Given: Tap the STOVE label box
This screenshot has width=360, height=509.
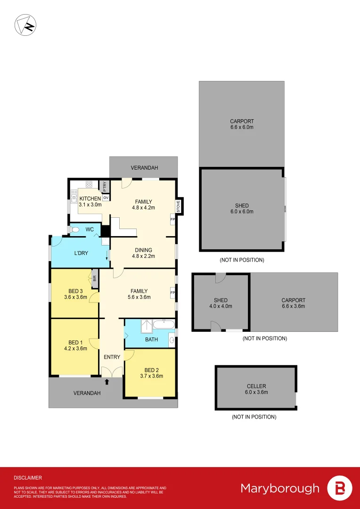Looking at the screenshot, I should pos(179,205).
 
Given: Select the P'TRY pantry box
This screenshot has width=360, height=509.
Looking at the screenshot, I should pos(106,187).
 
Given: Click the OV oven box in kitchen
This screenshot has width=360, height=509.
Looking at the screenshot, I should pos(106,198).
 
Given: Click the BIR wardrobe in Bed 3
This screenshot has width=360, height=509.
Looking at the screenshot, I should pos(94,278).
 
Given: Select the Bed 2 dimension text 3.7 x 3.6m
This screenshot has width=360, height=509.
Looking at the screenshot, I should pos(150,376).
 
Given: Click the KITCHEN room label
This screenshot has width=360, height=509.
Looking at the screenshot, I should pos(90,198).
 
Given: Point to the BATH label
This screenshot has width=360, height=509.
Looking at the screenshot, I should pos(151,339).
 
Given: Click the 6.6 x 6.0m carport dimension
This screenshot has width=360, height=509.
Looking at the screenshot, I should pos(242,127).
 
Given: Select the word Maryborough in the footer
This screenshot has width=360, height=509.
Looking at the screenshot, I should pos(280,488).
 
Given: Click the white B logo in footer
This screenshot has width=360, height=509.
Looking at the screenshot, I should pos(339,488).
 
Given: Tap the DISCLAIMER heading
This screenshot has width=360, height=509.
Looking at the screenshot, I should pos(28,477).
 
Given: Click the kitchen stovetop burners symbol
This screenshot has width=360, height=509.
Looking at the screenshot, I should pos(89,184).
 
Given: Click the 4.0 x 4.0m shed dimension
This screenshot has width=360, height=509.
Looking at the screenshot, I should pos(221,306).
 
